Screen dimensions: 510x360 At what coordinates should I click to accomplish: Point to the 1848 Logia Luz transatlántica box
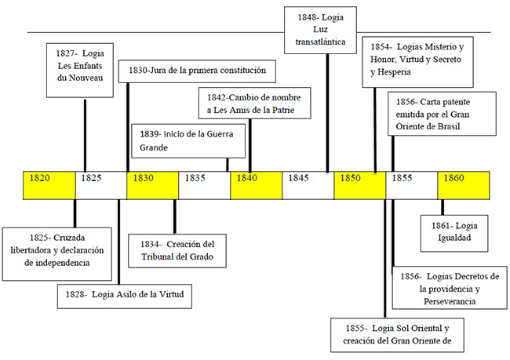coord(325,31)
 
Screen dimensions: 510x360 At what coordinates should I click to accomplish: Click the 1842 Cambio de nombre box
coord(254,104)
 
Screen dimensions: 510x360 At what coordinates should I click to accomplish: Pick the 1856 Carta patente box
coord(443,113)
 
